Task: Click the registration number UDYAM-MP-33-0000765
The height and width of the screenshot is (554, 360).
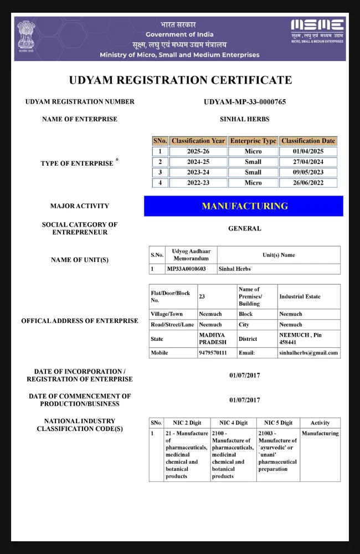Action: point(245,102)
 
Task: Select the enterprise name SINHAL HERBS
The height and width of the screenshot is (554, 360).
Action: point(245,119)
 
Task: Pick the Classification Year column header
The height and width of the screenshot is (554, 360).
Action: point(198,141)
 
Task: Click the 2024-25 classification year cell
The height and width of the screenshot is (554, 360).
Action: point(198,162)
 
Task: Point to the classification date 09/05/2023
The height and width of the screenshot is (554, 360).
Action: point(308,172)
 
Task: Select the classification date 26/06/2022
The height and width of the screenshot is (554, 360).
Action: point(308,183)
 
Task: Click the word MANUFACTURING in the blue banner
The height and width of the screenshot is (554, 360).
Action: point(245,206)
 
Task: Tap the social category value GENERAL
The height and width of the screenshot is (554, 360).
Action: point(245,228)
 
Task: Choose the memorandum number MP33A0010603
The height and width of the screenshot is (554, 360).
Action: point(186,269)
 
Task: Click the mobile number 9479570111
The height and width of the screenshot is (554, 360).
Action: point(213,353)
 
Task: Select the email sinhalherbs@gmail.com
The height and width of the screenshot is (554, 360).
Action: point(308,353)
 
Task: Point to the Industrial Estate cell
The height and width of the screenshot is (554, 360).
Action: point(300,296)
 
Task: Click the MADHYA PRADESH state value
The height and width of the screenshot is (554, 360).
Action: point(213,338)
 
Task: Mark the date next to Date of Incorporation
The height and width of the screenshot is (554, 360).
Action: point(245,376)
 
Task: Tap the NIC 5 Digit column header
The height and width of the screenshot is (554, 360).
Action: point(278,423)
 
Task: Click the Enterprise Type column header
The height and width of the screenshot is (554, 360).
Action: point(253,141)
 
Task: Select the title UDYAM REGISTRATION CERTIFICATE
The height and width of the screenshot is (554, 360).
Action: point(180,80)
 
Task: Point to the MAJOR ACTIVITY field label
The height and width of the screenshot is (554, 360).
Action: point(80,206)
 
